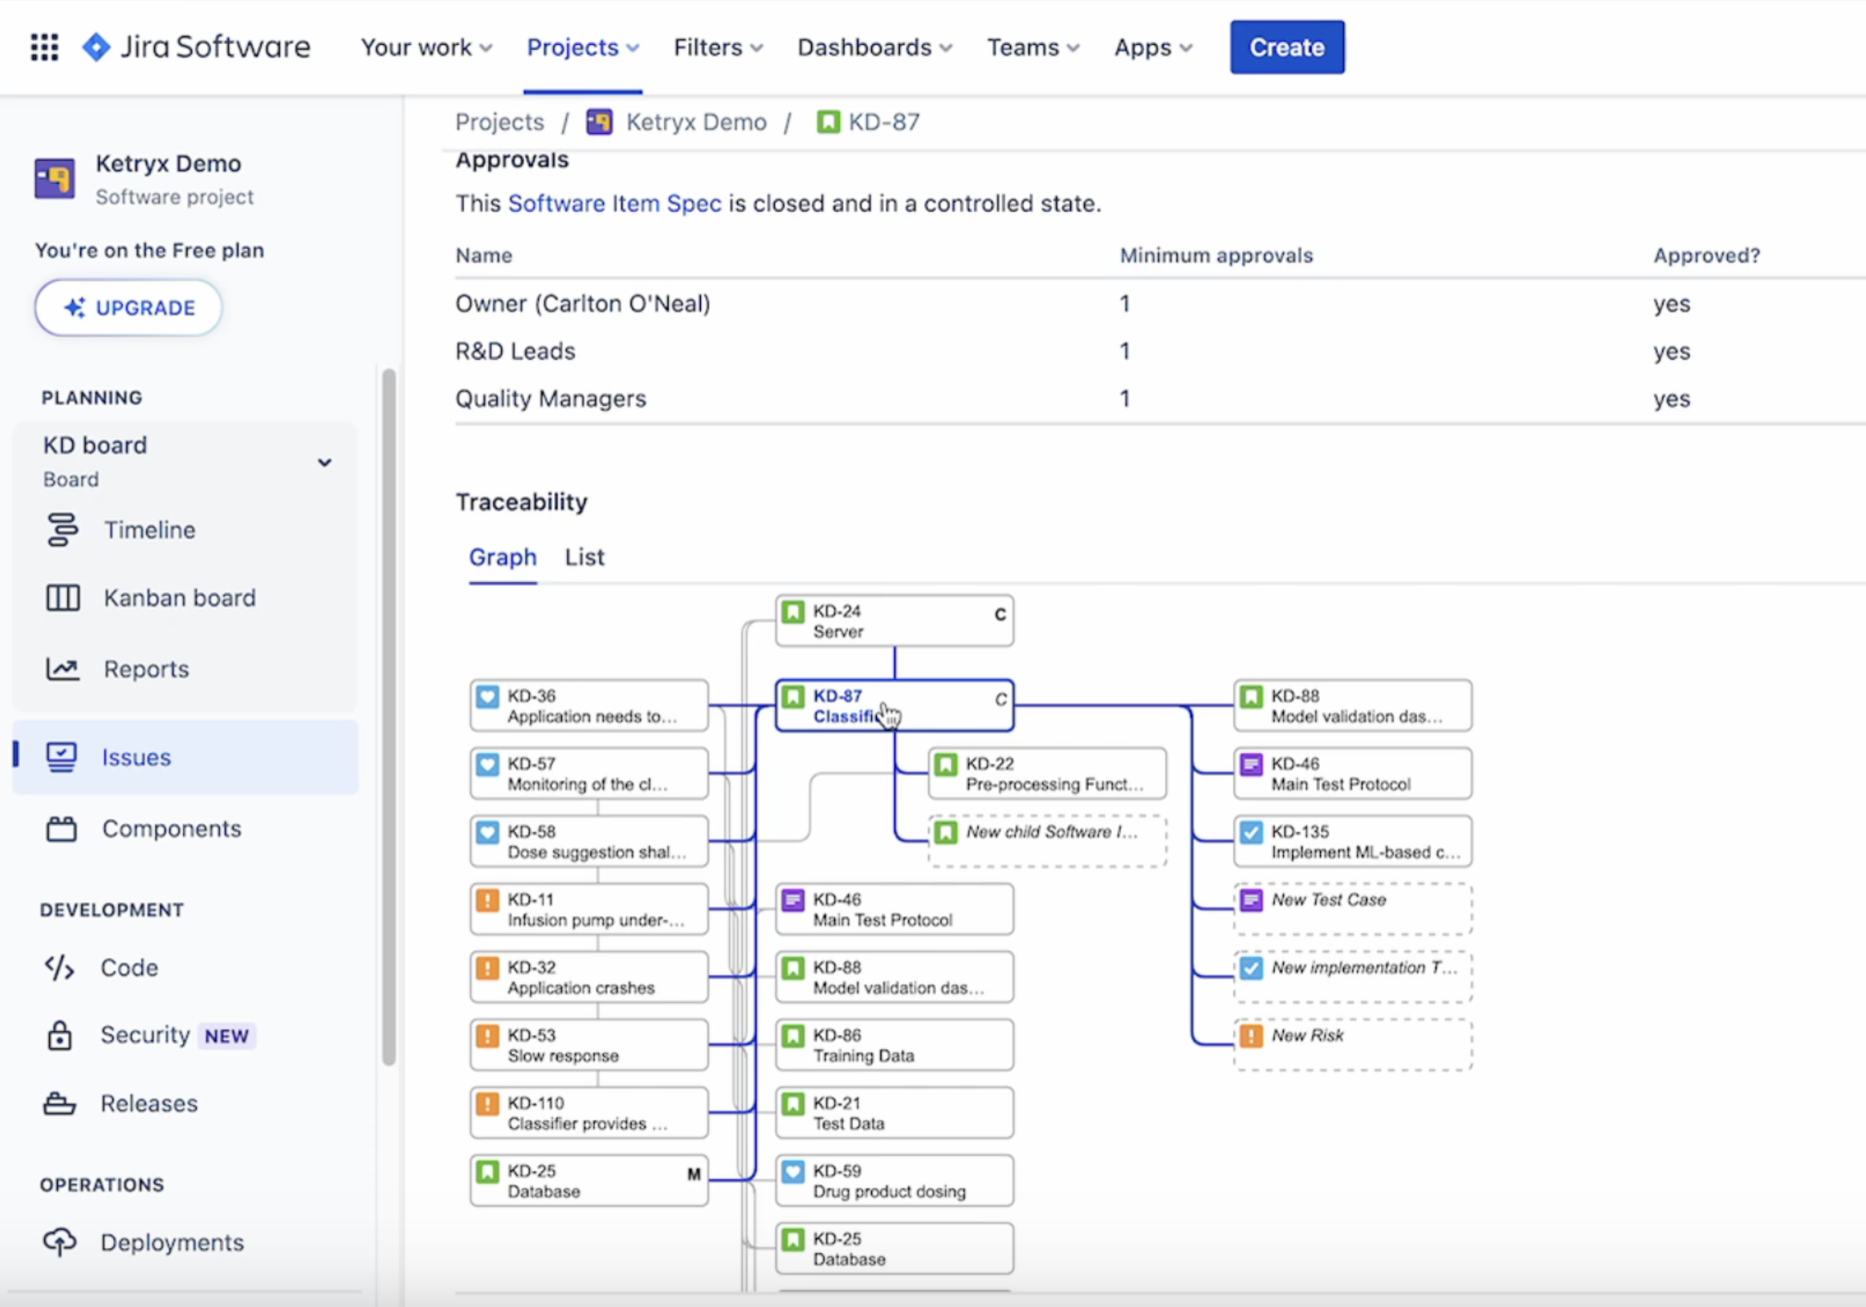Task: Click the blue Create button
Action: pos(1286,47)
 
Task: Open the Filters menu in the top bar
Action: pos(718,48)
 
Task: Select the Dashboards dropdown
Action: pos(874,48)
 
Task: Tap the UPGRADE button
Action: pos(128,308)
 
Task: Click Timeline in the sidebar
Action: pos(149,530)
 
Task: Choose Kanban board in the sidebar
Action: pos(179,598)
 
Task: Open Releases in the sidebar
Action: pos(149,1104)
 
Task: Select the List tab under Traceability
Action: pos(585,558)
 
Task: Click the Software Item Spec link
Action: pos(614,203)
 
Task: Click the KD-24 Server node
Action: pos(894,622)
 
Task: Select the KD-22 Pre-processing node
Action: pos(1047,774)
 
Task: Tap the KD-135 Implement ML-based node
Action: pos(1352,842)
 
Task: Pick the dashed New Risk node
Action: pos(1352,1045)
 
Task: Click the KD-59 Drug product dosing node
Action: pos(894,1181)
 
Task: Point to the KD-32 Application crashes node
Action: pos(589,978)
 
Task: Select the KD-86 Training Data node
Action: pos(894,1045)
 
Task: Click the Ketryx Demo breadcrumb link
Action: pos(695,123)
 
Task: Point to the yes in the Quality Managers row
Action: pos(1671,399)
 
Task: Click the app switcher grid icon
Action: pos(45,47)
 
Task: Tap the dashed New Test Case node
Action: pos(1352,910)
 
